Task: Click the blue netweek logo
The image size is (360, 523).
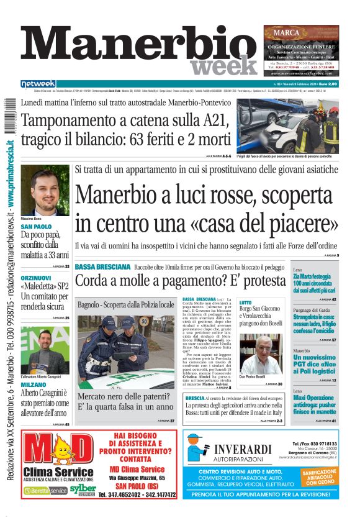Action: click(x=38, y=84)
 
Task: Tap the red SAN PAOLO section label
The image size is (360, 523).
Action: click(x=37, y=227)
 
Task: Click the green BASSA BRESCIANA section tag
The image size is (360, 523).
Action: click(x=102, y=266)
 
